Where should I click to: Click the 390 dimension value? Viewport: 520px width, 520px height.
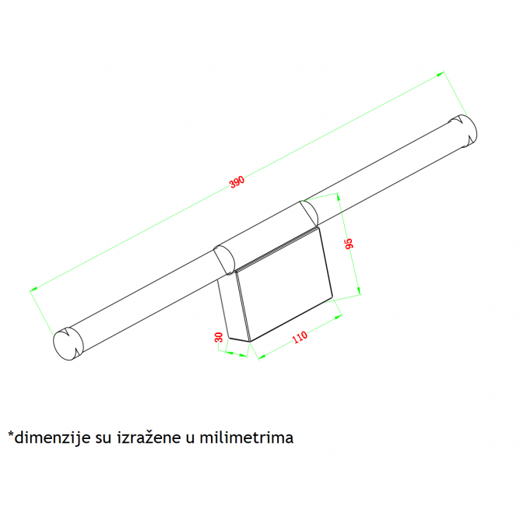(237, 181)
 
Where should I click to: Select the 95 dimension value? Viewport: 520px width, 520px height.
(350, 243)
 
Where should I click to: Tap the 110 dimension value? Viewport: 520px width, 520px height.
(300, 337)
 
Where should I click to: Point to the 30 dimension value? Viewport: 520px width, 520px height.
(219, 337)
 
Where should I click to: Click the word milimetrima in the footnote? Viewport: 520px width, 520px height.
(247, 437)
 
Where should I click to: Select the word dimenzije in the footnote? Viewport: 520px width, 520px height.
(52, 438)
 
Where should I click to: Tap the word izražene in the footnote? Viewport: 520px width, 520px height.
(149, 437)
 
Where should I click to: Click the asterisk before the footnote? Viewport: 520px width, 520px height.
(11, 434)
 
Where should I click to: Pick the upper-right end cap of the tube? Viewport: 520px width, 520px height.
(463, 132)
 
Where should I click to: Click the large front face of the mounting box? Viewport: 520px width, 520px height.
(285, 284)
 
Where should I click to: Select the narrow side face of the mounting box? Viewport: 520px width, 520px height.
(234, 307)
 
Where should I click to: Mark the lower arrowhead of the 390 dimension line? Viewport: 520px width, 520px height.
(33, 289)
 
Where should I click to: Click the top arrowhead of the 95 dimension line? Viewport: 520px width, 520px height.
(339, 197)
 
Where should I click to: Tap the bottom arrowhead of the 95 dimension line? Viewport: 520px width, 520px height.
(358, 291)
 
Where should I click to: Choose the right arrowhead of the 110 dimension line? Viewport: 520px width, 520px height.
(338, 318)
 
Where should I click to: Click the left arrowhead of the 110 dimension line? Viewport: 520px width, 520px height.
(262, 357)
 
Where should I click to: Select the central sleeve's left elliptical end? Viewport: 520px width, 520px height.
(224, 260)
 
